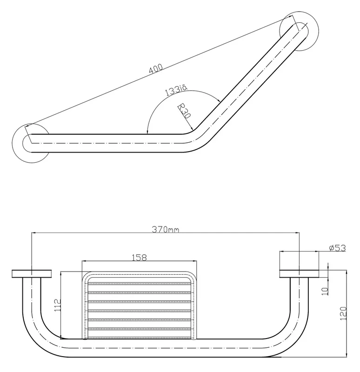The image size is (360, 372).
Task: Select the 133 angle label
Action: click(x=176, y=90)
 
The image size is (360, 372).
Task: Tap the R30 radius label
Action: click(x=184, y=111)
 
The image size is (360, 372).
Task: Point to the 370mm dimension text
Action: click(x=166, y=229)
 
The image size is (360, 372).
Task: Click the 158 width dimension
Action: click(x=140, y=258)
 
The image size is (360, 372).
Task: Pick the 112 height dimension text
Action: click(x=58, y=306)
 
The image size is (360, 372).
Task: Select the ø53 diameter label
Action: click(x=338, y=248)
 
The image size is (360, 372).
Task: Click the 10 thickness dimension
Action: click(x=325, y=291)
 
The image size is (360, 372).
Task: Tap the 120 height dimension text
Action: click(x=343, y=313)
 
